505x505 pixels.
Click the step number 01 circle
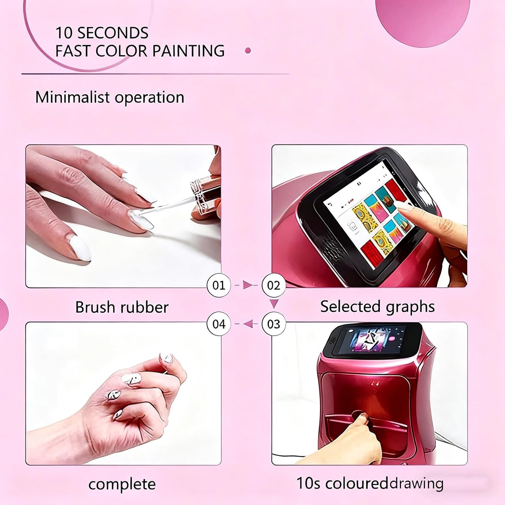point(218,285)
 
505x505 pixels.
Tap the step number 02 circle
point(273,285)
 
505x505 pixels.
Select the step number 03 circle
point(273,324)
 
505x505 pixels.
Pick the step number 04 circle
point(218,324)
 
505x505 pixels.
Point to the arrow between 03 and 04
point(248,324)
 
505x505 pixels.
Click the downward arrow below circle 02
point(274,304)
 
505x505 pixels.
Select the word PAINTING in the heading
point(188,51)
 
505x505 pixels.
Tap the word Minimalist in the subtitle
point(73,97)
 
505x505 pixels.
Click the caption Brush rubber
point(122,307)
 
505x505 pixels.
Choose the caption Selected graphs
point(377,306)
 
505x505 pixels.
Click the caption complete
point(122,484)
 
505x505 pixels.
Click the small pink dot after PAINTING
point(248,51)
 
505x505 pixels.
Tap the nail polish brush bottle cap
point(202,199)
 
